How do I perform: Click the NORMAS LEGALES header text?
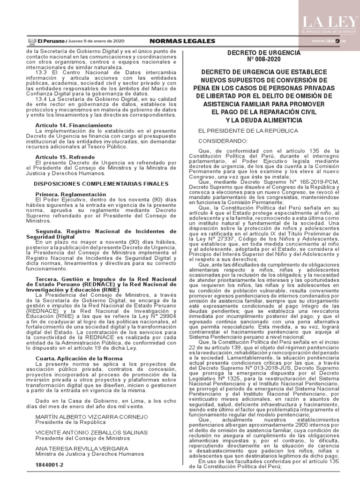click(x=176, y=41)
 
